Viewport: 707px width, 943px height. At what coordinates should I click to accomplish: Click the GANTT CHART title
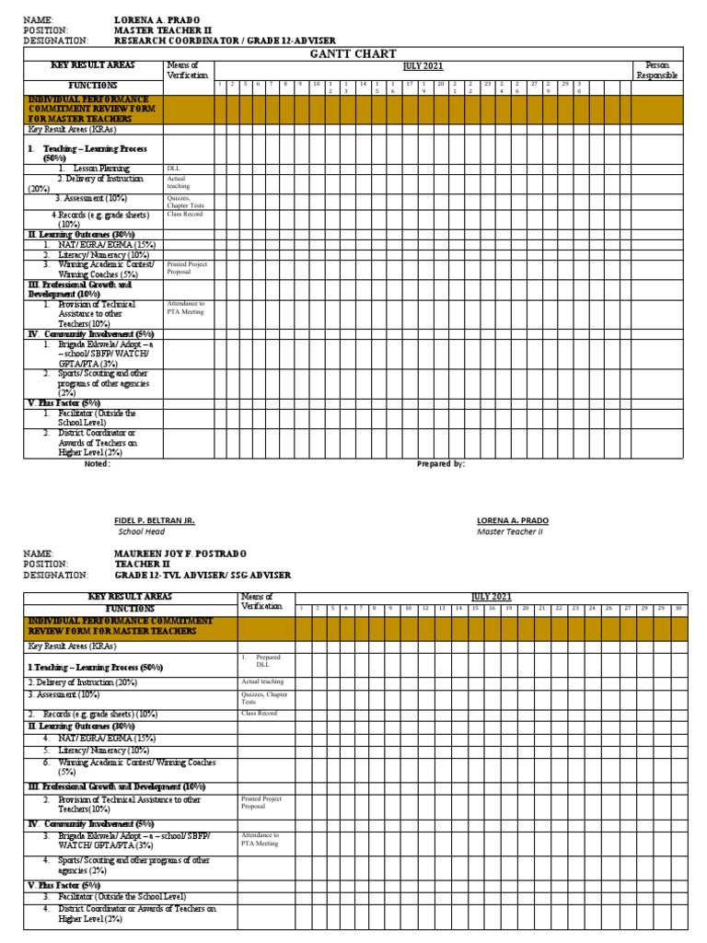(366, 54)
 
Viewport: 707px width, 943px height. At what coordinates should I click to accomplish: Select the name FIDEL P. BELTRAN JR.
(155, 520)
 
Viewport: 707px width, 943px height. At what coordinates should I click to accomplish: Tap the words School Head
(141, 531)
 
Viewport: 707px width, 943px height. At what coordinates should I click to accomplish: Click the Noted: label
(97, 464)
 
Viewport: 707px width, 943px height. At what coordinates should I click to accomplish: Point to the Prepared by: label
(441, 464)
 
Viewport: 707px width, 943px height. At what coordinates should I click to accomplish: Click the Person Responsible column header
(656, 71)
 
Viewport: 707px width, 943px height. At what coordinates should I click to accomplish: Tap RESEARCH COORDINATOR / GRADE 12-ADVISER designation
(225, 41)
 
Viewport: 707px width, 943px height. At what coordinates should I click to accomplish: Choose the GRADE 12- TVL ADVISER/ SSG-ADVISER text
(203, 575)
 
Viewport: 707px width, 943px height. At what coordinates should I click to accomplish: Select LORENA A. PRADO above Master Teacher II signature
(513, 520)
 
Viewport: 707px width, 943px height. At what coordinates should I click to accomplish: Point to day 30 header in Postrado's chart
(678, 609)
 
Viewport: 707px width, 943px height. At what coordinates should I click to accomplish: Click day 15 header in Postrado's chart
(475, 609)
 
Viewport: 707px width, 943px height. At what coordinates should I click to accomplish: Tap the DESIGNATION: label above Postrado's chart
(54, 575)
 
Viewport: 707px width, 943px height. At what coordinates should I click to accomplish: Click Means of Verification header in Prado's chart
(188, 71)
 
